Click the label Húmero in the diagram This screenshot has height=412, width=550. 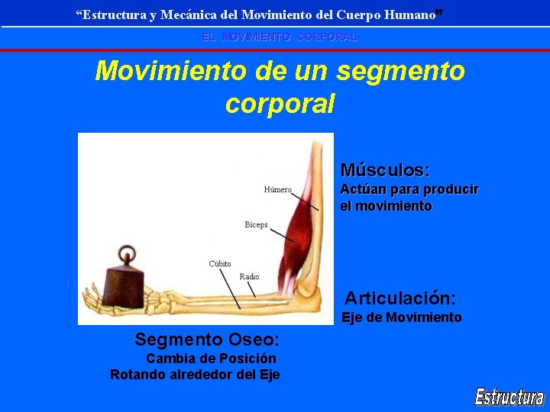[x=278, y=189]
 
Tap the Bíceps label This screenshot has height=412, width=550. [x=256, y=224]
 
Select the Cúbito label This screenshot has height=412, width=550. [x=220, y=264]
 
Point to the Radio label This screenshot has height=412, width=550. [x=249, y=276]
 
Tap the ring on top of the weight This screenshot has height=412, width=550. [x=125, y=254]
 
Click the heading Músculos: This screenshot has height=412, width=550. [x=385, y=169]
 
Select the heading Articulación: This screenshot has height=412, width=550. [x=400, y=298]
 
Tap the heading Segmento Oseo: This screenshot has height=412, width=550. [x=207, y=339]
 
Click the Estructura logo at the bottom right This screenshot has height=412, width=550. [x=509, y=396]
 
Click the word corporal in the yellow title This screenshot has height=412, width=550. [x=280, y=104]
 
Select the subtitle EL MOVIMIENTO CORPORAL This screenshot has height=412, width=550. [x=279, y=37]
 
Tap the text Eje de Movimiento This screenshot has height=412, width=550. [x=402, y=317]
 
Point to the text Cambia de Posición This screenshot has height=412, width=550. [x=212, y=359]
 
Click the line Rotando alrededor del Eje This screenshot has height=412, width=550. [x=195, y=375]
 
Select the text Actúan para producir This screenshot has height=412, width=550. [x=409, y=189]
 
